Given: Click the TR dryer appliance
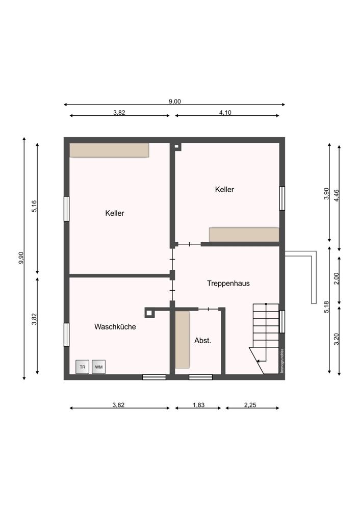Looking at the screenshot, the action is tap(82, 367).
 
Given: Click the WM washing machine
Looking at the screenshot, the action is tap(98, 367).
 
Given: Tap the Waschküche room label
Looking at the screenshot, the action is tap(115, 326).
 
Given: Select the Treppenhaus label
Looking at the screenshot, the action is tap(228, 283).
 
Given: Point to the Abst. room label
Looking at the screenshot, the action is tap(202, 341).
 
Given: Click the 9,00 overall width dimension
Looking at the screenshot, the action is tap(174, 101).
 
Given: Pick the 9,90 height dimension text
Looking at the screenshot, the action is tap(21, 258).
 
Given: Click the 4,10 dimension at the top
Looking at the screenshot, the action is tap(225, 113).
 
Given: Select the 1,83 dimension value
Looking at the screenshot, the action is tap(199, 405).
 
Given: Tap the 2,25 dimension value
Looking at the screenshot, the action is tap(250, 405).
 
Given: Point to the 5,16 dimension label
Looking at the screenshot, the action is tap(34, 207).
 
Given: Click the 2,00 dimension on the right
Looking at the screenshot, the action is tap(336, 278).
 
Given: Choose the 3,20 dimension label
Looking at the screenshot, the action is tap(336, 339).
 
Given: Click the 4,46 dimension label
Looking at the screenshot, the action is tap(336, 195).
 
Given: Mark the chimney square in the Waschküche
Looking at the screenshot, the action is tap(149, 313).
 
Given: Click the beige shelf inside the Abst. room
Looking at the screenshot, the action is tap(182, 340).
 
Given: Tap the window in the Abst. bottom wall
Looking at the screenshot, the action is tap(200, 377).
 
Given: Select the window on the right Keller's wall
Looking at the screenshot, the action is tap(282, 198).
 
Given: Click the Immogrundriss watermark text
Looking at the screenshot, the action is tap(282, 361).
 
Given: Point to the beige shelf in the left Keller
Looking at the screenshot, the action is tap(109, 150).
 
